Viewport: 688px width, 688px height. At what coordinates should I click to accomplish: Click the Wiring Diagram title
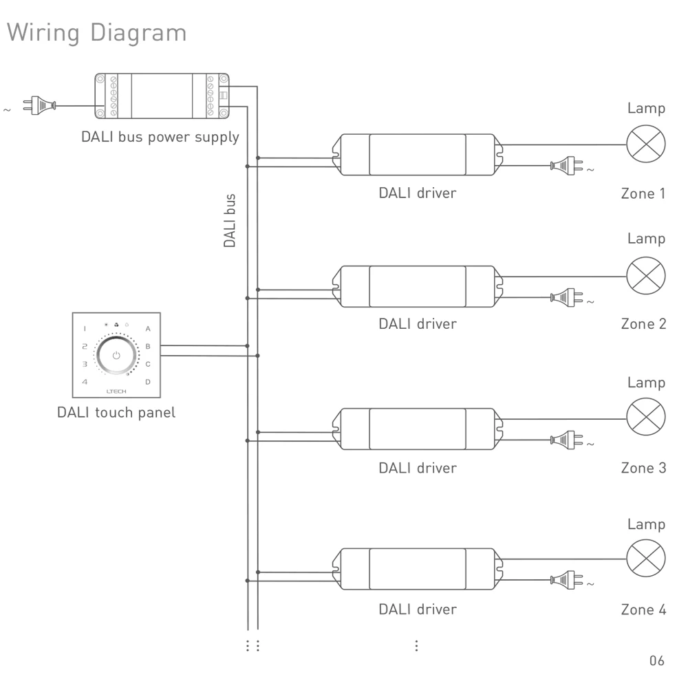[x=96, y=32]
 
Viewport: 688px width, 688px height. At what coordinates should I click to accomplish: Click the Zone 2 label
[x=643, y=323]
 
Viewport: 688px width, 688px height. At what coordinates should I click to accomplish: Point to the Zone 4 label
[x=643, y=609]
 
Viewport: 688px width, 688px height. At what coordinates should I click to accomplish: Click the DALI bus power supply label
[x=160, y=136]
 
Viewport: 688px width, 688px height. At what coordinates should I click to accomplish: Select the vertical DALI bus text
[x=230, y=220]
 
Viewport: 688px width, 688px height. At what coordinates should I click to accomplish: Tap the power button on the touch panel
[x=116, y=356]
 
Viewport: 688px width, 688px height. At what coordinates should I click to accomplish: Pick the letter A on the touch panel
[x=148, y=330]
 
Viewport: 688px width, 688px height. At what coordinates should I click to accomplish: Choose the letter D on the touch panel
[x=148, y=380]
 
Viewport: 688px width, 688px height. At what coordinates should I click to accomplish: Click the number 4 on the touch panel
[x=84, y=380]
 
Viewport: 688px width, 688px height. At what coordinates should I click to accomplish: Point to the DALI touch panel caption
[x=116, y=413]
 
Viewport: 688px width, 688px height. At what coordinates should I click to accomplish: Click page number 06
[x=657, y=661]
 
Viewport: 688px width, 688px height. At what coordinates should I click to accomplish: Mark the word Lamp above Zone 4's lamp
[x=646, y=524]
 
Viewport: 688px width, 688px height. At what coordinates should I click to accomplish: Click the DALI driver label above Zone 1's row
[x=417, y=193]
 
